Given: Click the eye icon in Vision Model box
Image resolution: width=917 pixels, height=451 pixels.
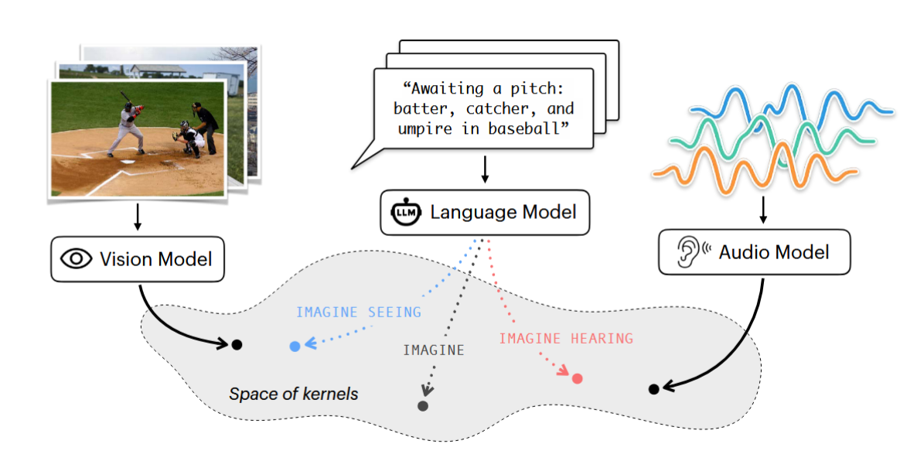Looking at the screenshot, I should coord(76,258).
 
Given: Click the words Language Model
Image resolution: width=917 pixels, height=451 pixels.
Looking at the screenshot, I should coord(503,212).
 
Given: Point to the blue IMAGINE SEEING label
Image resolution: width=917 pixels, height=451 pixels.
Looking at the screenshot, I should coord(359,313).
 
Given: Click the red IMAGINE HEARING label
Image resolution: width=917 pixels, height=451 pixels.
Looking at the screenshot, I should coord(566,338).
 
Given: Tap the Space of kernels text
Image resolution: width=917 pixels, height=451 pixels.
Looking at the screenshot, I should coord(294,394).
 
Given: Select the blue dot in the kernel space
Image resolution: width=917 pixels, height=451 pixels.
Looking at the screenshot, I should coord(295,347).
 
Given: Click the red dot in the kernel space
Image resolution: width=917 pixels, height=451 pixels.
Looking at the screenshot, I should coord(577,378).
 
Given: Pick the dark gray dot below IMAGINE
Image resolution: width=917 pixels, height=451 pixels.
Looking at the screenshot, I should coord(423,405).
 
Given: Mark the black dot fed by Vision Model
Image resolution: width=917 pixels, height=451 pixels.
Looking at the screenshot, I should coord(237,344).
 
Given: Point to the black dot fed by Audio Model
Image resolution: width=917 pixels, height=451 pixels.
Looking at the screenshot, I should coord(653,388).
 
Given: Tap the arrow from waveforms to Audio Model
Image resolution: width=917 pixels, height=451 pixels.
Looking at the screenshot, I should coord(764,207).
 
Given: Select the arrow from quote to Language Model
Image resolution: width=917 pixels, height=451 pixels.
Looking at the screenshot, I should coord(485,169).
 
